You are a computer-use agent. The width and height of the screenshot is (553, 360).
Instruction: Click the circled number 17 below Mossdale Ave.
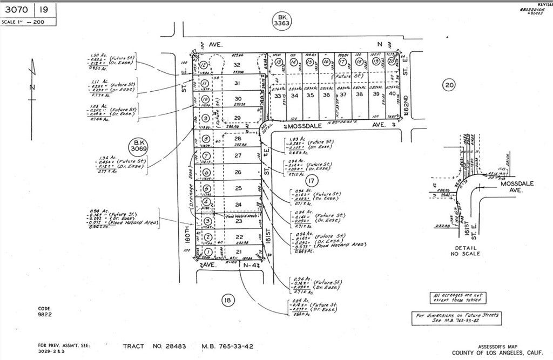pyautogui.click(x=311, y=181)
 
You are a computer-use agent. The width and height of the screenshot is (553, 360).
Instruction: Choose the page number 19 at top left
pyautogui.click(x=45, y=9)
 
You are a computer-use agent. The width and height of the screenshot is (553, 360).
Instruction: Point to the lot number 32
pyautogui.click(x=236, y=64)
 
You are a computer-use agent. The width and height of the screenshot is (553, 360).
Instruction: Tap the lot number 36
pyautogui.click(x=326, y=95)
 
